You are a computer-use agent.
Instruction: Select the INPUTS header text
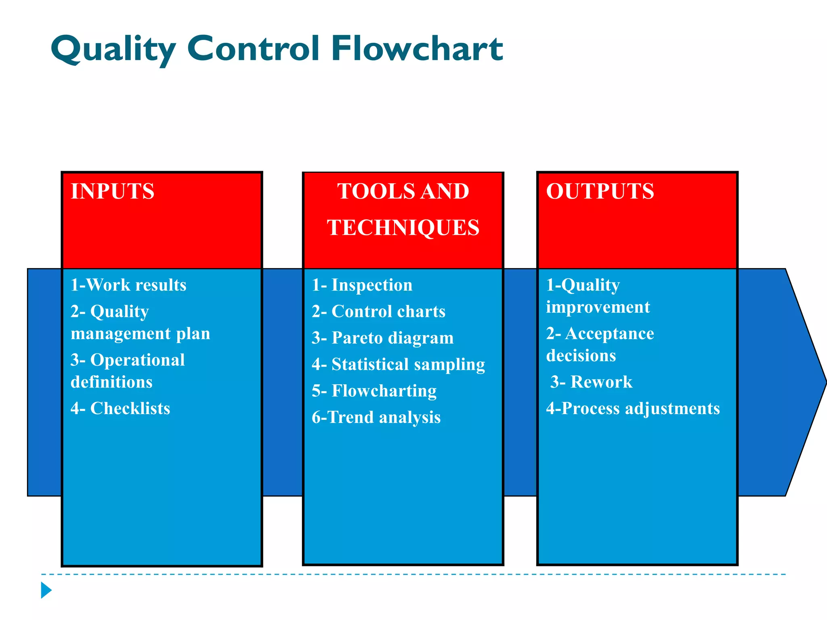point(113,191)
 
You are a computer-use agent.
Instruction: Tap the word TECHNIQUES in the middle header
point(403,227)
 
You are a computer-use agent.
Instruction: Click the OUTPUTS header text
point(600,191)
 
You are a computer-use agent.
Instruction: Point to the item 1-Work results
point(128,285)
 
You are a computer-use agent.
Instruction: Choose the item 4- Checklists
point(120,408)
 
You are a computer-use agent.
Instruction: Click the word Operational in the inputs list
point(137,360)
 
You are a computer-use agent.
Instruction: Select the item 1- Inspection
point(362,285)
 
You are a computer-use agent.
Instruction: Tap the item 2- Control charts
point(378,312)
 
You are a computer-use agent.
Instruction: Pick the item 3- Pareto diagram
point(382,338)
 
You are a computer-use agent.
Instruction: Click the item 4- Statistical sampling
point(398,364)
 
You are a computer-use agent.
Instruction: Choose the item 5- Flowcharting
point(374,391)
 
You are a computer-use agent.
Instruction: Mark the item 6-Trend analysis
point(376,417)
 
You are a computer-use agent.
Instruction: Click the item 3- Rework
point(592,382)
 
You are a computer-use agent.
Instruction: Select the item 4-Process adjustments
point(633,408)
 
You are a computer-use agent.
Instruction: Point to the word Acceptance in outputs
point(609,333)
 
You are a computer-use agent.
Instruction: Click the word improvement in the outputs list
point(598,307)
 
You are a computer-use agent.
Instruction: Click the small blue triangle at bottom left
point(46,590)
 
